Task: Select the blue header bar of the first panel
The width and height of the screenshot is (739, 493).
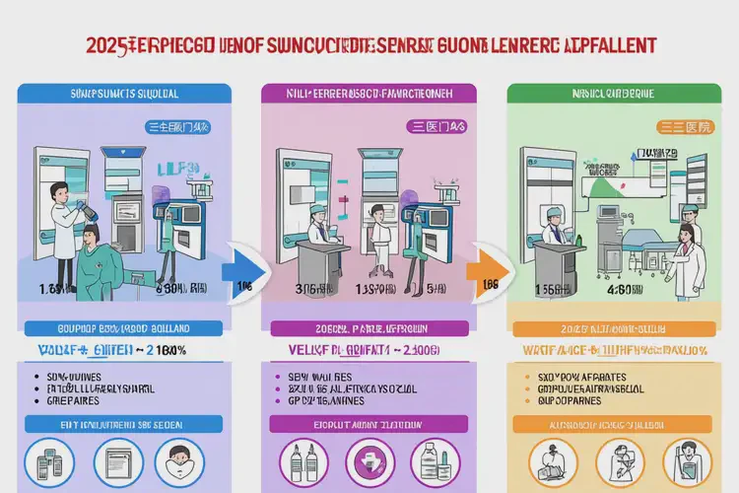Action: [x=124, y=93]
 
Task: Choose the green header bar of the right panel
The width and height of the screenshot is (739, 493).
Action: [x=608, y=93]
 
